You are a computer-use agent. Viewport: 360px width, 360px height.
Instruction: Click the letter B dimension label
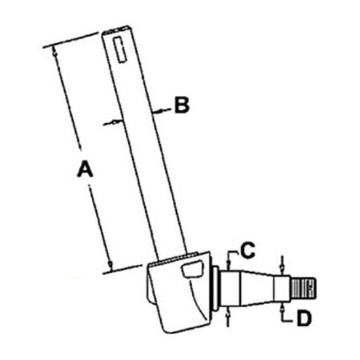[182, 105]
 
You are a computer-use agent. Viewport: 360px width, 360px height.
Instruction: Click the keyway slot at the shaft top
[120, 50]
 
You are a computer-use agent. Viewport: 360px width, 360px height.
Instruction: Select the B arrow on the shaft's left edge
[113, 122]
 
